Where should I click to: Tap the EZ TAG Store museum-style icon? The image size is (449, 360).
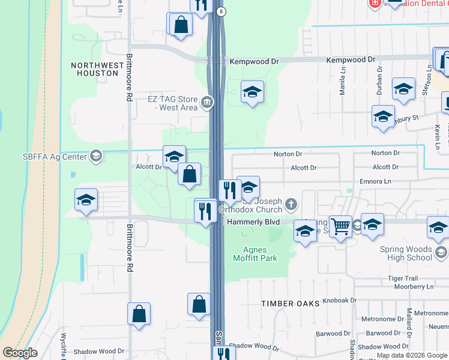point(207,103)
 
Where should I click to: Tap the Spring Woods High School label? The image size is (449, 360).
point(406,253)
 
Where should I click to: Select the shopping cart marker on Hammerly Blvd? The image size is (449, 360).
point(341,226)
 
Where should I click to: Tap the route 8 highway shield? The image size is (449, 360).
point(221,11)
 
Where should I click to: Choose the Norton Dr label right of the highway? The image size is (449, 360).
point(286,154)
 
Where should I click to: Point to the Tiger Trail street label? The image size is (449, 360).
point(402,278)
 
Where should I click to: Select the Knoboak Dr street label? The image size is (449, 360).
point(339,300)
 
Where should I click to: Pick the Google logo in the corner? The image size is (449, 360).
point(20,353)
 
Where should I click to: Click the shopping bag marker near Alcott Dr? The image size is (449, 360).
point(189,175)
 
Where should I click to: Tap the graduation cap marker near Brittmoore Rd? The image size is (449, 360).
point(86,200)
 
